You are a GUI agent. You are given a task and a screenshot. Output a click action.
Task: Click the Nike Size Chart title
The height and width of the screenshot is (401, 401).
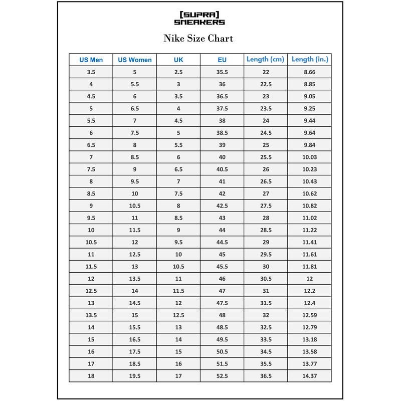click(198, 38)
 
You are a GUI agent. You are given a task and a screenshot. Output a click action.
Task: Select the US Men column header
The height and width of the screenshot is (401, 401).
click(91, 60)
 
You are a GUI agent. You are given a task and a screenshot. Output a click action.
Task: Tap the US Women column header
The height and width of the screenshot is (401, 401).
click(135, 60)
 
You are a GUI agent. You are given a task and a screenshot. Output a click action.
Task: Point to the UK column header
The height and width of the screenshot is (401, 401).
click(178, 60)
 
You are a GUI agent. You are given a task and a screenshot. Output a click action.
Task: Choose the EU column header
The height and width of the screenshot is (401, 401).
click(222, 60)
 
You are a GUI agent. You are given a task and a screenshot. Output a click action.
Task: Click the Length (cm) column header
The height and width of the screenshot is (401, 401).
click(266, 60)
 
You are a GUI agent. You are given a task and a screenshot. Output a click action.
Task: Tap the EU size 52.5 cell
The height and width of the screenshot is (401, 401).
click(222, 375)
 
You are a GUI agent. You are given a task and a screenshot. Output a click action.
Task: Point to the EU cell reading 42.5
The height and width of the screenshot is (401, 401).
click(222, 206)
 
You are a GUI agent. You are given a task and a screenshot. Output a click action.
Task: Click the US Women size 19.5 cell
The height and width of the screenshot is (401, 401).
click(135, 375)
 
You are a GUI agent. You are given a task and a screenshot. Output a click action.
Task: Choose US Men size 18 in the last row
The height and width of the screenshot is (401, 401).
click(91, 375)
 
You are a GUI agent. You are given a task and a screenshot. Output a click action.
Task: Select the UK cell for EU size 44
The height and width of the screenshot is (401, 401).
click(178, 230)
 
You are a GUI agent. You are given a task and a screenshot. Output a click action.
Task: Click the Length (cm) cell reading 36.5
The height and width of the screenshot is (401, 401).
click(266, 375)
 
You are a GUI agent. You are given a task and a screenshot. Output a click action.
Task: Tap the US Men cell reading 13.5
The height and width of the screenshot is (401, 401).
click(91, 315)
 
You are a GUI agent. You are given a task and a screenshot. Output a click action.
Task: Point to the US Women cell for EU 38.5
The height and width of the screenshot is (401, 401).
click(135, 133)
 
